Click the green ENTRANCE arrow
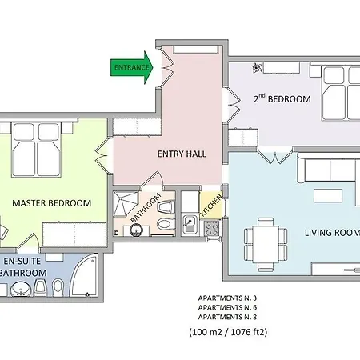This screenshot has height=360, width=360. (x=132, y=67)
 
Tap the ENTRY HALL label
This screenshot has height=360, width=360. (x=182, y=154)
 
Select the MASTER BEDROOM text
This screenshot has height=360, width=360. (x=52, y=203)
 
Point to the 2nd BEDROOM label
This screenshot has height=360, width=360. (x=282, y=98)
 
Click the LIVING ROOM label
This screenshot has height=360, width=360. (x=332, y=233)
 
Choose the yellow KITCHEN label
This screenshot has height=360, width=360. (x=211, y=206)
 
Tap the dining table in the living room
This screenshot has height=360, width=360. (x=266, y=244)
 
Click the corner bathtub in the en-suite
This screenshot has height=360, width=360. (x=83, y=275)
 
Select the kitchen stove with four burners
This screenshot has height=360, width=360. (x=212, y=229)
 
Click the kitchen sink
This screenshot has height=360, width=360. (x=190, y=223)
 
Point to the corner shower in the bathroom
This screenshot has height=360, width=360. (x=126, y=204)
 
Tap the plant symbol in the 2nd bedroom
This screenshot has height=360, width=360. (x=257, y=68)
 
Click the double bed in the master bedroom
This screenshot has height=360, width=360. (x=36, y=150)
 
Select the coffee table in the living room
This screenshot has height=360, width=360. (x=328, y=195)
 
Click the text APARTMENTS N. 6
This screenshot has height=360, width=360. (x=227, y=307)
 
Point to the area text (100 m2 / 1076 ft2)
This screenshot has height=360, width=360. (x=228, y=332)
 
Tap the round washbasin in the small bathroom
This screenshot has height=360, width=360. (x=136, y=230)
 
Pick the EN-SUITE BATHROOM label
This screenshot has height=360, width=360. (x=22, y=267)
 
